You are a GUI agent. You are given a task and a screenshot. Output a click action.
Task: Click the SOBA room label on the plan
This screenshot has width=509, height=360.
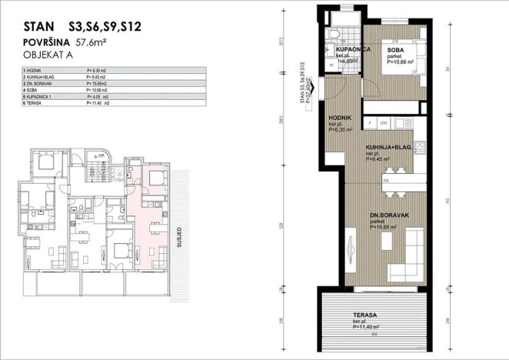coord(396,51)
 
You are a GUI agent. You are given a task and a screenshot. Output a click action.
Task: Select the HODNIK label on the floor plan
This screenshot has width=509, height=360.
coord(340,117)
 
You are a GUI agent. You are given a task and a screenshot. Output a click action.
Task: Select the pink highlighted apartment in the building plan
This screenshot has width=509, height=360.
coord(149,215)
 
